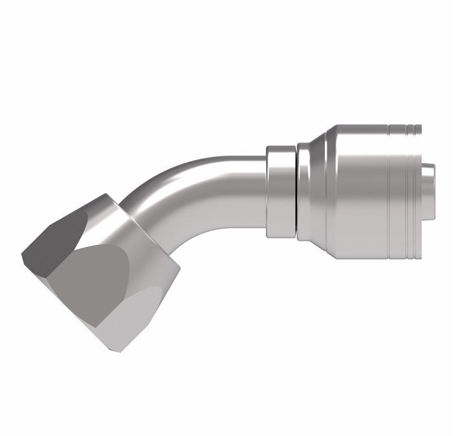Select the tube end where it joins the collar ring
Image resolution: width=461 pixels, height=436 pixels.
[x=259, y=188]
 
